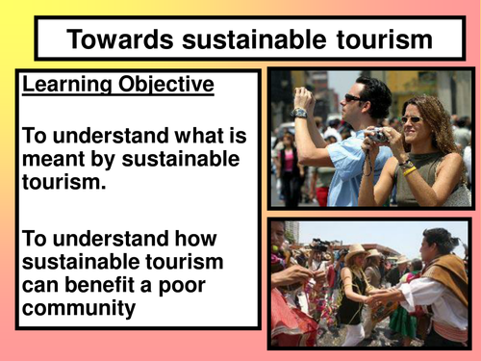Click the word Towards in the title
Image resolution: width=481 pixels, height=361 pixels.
pyautogui.click(x=120, y=39)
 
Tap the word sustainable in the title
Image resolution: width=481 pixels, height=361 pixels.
pyautogui.click(x=254, y=39)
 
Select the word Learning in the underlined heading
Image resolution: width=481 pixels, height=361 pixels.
pyautogui.click(x=67, y=85)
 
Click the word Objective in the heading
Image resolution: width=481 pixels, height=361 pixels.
pyautogui.click(x=166, y=85)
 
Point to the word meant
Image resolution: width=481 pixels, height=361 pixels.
pyautogui.click(x=54, y=159)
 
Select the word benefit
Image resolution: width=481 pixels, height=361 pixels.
pyautogui.click(x=99, y=285)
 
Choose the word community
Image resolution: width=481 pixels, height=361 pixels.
pyautogui.click(x=79, y=309)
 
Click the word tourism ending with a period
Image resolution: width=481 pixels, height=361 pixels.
pyautogui.click(x=63, y=182)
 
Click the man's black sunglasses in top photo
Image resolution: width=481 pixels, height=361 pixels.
pyautogui.click(x=355, y=98)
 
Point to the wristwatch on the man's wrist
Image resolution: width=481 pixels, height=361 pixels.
pyautogui.click(x=299, y=113)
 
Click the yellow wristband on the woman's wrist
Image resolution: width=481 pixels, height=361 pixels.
pyautogui.click(x=409, y=171)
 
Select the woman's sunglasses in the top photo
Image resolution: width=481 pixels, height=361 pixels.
pyautogui.click(x=412, y=120)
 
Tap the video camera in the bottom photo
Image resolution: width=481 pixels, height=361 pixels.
pyautogui.click(x=319, y=245)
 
